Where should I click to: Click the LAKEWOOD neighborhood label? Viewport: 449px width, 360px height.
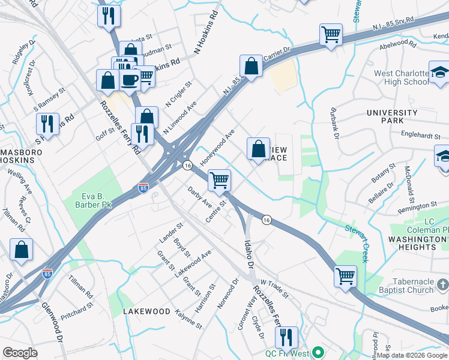click(x=146, y=311)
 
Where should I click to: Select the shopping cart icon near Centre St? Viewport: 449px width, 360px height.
click(x=220, y=179)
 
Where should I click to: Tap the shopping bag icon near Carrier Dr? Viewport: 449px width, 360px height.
click(x=251, y=65)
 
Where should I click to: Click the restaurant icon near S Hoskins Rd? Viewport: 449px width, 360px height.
click(x=47, y=123)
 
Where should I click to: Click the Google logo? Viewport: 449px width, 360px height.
click(x=20, y=353)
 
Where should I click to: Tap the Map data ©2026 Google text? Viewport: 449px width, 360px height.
click(x=412, y=355)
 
